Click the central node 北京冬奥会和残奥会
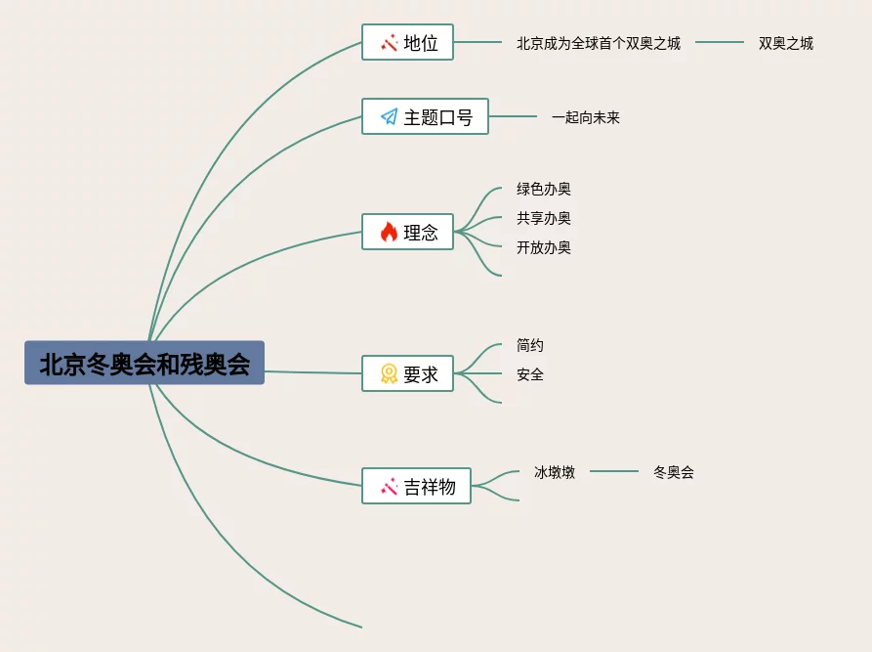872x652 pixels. pos(145,363)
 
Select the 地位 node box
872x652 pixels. pos(407,42)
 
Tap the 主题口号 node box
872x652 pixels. pos(425,116)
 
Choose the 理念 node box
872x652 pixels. pos(407,232)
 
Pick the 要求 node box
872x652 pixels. pos(407,373)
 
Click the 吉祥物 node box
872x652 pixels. pos(416,486)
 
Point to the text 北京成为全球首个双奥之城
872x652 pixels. pos(599,43)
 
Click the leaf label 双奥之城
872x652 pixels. pos(786,43)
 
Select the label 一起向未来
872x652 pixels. pos(586,117)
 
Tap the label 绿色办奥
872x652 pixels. pos(544,189)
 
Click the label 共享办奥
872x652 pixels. pos(544,218)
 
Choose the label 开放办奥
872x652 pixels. pos(544,247)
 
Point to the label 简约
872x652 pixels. pos(530,345)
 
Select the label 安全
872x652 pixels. pos(530,374)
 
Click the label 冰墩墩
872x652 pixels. pos(555,472)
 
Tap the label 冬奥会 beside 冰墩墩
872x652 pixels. pos(674,472)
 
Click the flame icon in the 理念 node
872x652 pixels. pos(389,232)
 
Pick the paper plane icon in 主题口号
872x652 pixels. pos(389,117)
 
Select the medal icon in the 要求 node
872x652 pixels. pos(389,373)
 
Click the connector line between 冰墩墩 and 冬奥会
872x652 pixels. pos(614,471)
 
